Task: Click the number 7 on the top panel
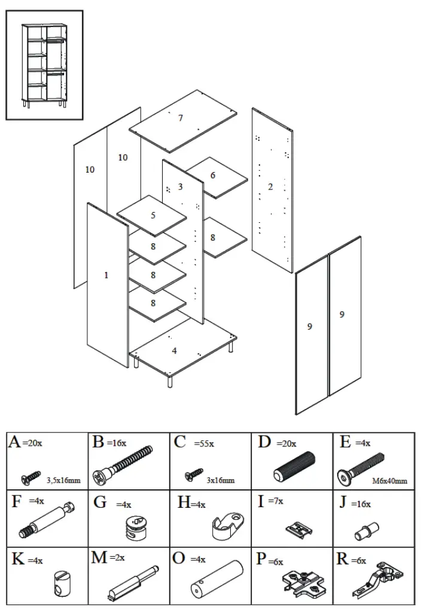click(181, 118)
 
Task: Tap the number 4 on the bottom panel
click(175, 351)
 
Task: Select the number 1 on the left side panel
click(106, 275)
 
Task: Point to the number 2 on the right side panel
click(270, 187)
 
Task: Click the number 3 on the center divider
click(180, 187)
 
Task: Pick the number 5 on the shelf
click(212, 176)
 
